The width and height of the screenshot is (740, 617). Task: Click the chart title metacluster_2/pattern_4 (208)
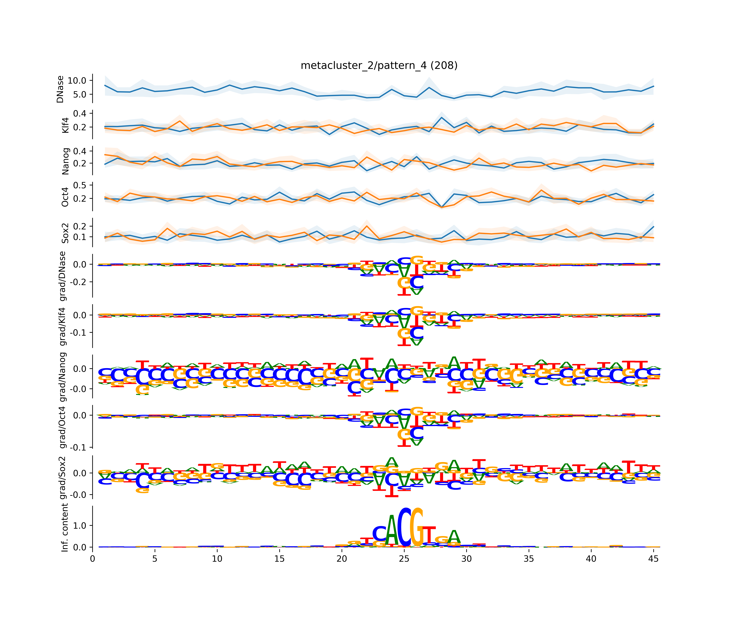tap(379, 66)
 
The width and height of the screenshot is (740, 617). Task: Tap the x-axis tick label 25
tap(404, 559)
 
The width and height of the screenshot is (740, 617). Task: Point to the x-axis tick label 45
tap(653, 559)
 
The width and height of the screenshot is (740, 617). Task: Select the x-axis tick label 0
tap(92, 559)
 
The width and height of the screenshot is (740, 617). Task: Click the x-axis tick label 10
tap(217, 559)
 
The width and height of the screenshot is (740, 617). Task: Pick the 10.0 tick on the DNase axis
tap(77, 81)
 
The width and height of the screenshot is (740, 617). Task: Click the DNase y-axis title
tap(60, 89)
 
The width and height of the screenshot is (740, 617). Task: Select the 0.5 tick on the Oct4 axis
tap(80, 185)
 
